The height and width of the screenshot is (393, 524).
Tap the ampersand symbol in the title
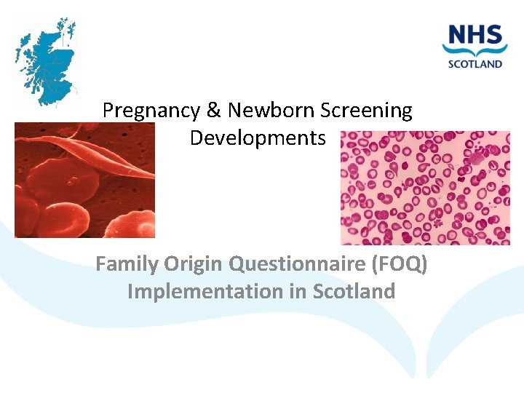[x=213, y=111]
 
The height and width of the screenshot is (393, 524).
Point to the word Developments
[x=258, y=138]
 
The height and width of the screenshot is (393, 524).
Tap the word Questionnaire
[x=298, y=264]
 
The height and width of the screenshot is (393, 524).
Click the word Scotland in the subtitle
[x=354, y=291]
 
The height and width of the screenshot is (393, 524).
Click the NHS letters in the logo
[x=475, y=35]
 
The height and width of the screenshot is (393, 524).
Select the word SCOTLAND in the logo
[x=475, y=63]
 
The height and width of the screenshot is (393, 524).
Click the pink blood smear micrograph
[x=425, y=188]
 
